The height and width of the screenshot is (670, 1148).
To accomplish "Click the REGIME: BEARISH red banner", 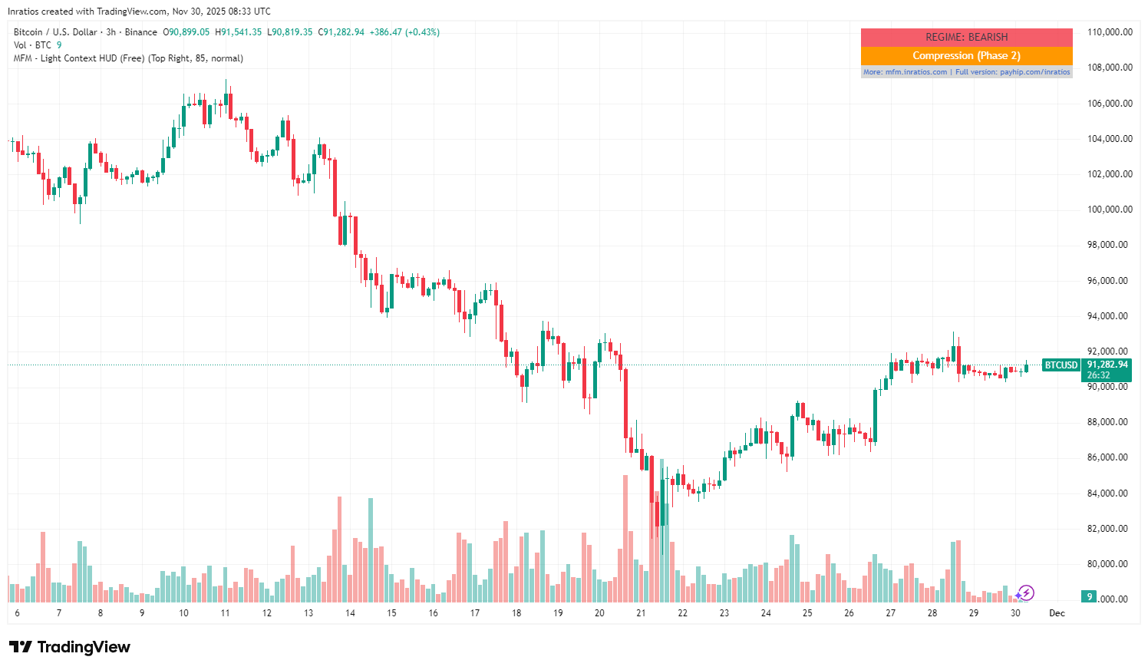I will pyautogui.click(x=966, y=37).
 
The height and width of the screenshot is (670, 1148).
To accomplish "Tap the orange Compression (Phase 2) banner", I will pyautogui.click(x=966, y=55).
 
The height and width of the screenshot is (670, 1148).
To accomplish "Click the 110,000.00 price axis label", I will pyautogui.click(x=1110, y=32).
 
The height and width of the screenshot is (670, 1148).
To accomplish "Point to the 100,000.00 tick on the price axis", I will pyautogui.click(x=1110, y=210).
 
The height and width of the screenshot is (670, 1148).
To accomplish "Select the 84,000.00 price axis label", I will pyautogui.click(x=1110, y=493).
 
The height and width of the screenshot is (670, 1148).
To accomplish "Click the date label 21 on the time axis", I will pyautogui.click(x=641, y=613).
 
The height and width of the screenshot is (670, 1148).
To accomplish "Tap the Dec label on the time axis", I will pyautogui.click(x=1057, y=613).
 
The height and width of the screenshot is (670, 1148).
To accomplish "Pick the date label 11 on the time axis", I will pyautogui.click(x=225, y=613).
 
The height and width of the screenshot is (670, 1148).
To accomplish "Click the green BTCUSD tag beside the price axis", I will pyautogui.click(x=1061, y=365).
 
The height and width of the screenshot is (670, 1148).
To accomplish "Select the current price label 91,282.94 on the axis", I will pyautogui.click(x=1107, y=365).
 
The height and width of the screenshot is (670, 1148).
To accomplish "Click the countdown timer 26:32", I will pyautogui.click(x=1099, y=375).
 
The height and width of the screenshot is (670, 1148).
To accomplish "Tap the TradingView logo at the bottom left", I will pyautogui.click(x=70, y=647).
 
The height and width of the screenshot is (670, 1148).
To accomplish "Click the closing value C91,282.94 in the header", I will pyautogui.click(x=341, y=32).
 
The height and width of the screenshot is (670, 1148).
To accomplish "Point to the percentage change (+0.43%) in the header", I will pyautogui.click(x=422, y=32).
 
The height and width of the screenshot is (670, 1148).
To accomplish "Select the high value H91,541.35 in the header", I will pyautogui.click(x=238, y=32).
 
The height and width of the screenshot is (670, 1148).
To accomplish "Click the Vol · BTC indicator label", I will pyautogui.click(x=32, y=45).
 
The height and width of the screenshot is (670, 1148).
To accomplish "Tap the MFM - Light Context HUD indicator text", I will pyautogui.click(x=128, y=58).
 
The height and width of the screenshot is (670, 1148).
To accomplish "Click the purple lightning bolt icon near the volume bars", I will pyautogui.click(x=1025, y=592).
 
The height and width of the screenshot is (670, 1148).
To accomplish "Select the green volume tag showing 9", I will pyautogui.click(x=1088, y=596).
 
